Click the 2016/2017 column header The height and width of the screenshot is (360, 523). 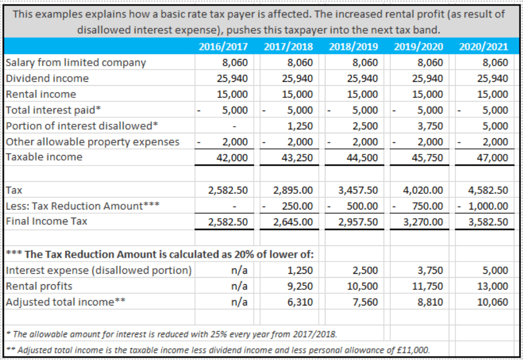click(x=223, y=47)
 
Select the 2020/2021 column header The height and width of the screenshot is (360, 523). click(x=484, y=47)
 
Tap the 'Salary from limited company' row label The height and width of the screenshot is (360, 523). click(x=76, y=63)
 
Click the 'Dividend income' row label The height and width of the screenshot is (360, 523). click(x=47, y=78)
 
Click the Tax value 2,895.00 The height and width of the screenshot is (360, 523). click(x=293, y=190)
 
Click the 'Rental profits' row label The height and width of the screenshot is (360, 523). click(x=39, y=286)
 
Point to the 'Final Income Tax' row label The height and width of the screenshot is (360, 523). click(x=46, y=221)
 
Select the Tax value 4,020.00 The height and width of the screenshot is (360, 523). click(x=423, y=190)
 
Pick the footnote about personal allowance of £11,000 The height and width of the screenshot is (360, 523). click(x=217, y=350)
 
